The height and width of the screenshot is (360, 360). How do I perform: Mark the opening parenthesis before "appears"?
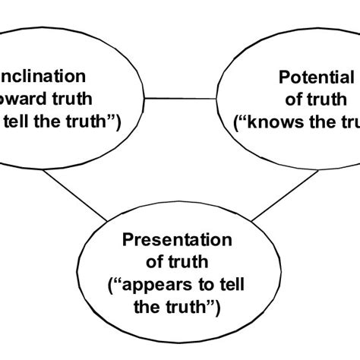pos(115,287)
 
